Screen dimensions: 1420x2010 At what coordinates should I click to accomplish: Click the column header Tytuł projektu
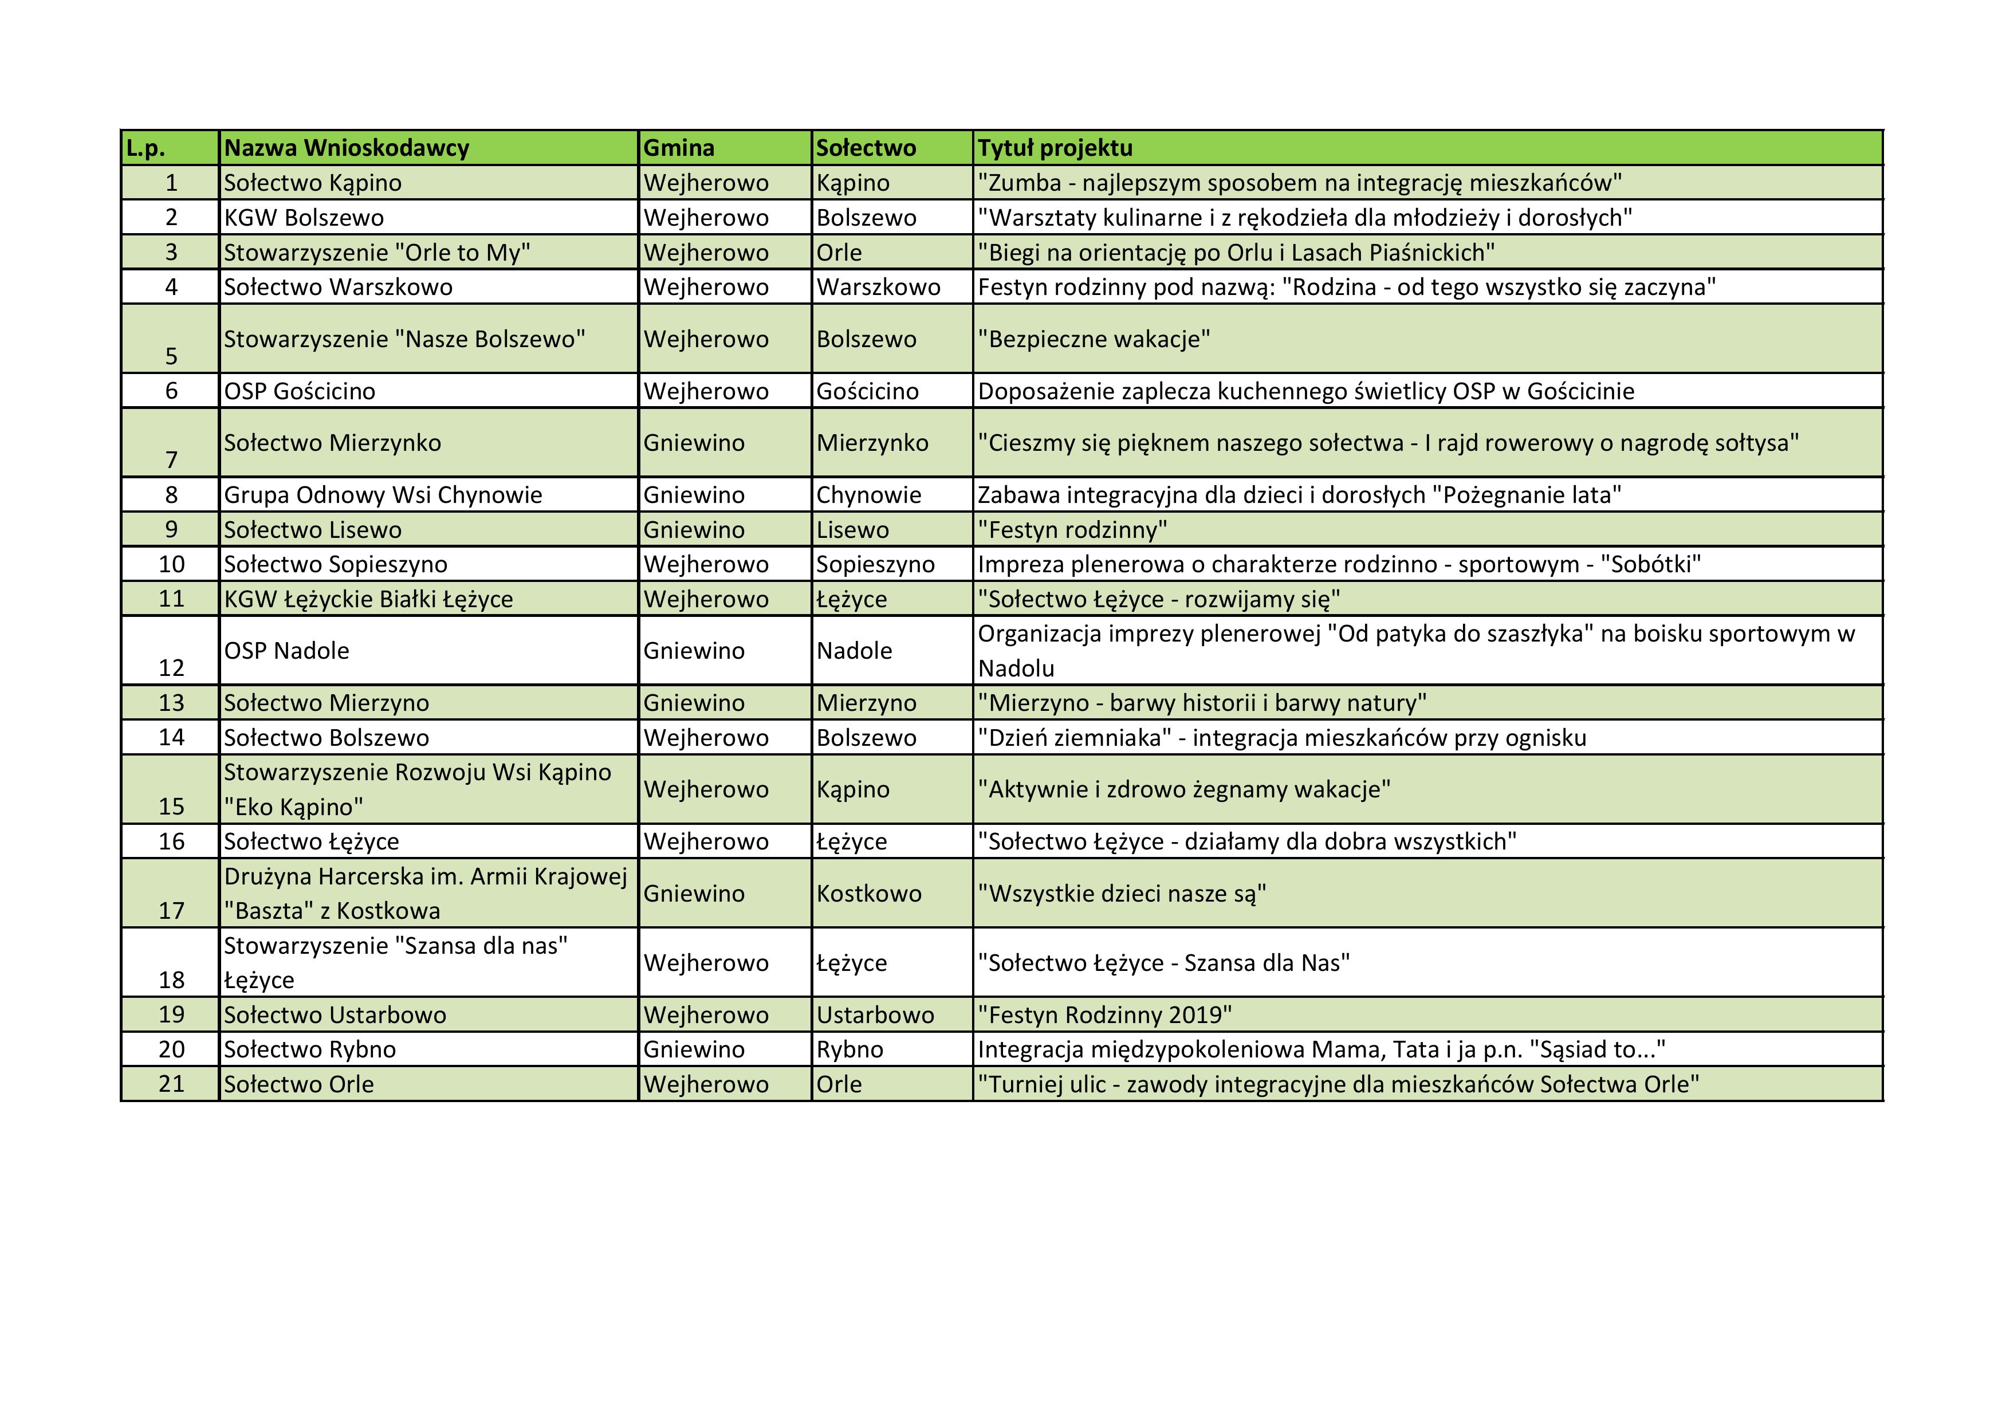[x=1055, y=148]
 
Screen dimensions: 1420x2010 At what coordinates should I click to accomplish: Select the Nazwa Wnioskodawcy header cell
[x=347, y=148]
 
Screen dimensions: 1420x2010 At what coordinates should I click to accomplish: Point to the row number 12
[x=172, y=668]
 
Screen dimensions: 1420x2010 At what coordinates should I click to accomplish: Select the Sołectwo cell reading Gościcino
[x=868, y=391]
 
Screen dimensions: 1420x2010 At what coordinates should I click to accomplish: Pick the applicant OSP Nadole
[x=286, y=651]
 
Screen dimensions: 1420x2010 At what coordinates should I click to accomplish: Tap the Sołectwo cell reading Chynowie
[x=868, y=495]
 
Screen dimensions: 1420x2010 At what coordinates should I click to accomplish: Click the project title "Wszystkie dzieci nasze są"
[x=1122, y=893]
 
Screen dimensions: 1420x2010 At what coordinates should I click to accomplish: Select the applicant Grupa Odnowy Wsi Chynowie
[x=383, y=495]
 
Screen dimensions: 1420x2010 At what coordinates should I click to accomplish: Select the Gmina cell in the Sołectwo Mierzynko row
[x=694, y=443]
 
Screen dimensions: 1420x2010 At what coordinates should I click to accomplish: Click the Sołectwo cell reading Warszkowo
[x=878, y=286]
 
